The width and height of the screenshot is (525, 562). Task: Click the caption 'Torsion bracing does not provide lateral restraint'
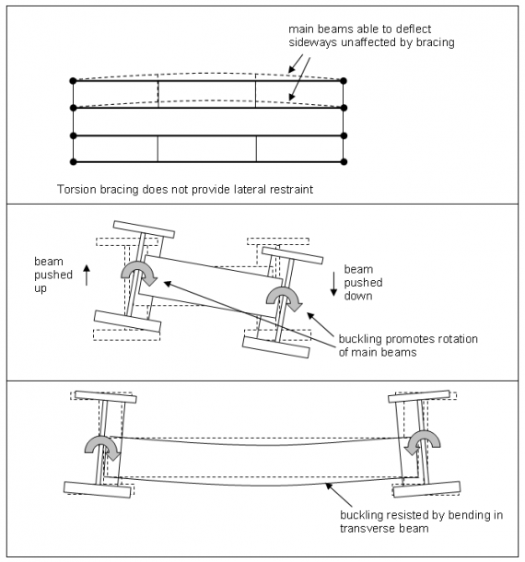pos(184,190)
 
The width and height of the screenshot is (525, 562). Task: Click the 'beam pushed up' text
pos(50,272)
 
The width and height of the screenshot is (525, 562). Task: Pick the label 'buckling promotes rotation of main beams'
pos(405,345)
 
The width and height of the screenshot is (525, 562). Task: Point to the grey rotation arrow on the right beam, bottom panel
pos(423,443)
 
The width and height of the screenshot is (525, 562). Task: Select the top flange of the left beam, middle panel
pos(143,228)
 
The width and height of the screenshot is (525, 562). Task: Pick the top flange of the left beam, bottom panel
pos(107,397)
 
